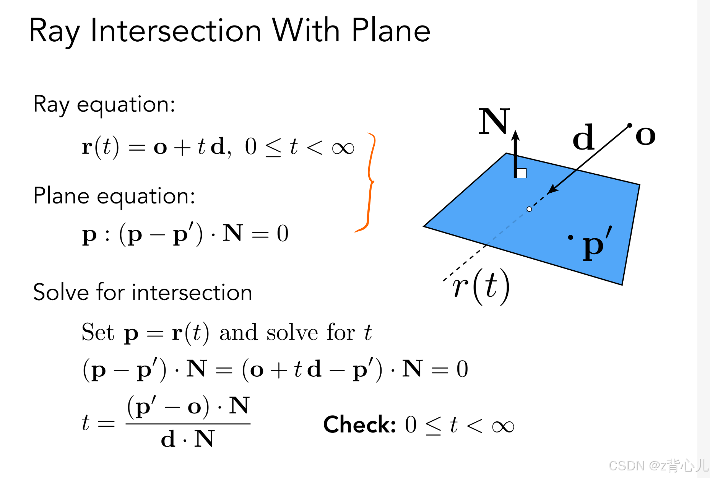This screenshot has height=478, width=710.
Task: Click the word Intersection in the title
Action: [x=176, y=31]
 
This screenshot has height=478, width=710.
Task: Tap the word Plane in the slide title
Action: [x=391, y=31]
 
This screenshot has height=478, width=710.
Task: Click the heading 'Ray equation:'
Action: [x=104, y=104]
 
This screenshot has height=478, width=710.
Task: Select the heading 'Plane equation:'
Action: [x=114, y=196]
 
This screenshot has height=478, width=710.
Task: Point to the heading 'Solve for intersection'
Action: [x=142, y=293]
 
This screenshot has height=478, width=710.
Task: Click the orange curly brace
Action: [x=368, y=183]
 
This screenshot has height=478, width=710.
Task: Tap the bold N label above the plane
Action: [x=494, y=121]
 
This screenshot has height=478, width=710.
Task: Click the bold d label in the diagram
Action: [x=583, y=137]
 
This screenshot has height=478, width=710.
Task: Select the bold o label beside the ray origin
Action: [x=645, y=135]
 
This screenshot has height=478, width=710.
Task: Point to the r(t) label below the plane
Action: [x=481, y=287]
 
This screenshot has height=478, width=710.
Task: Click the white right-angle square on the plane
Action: [x=522, y=173]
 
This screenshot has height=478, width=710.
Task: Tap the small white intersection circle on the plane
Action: [x=529, y=209]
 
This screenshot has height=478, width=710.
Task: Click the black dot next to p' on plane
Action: [x=570, y=237]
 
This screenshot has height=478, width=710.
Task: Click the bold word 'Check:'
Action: [x=359, y=424]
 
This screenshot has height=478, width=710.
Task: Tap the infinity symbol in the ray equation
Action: [x=343, y=148]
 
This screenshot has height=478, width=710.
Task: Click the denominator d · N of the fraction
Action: [x=187, y=439]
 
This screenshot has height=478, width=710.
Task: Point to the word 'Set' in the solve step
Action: [x=98, y=332]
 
